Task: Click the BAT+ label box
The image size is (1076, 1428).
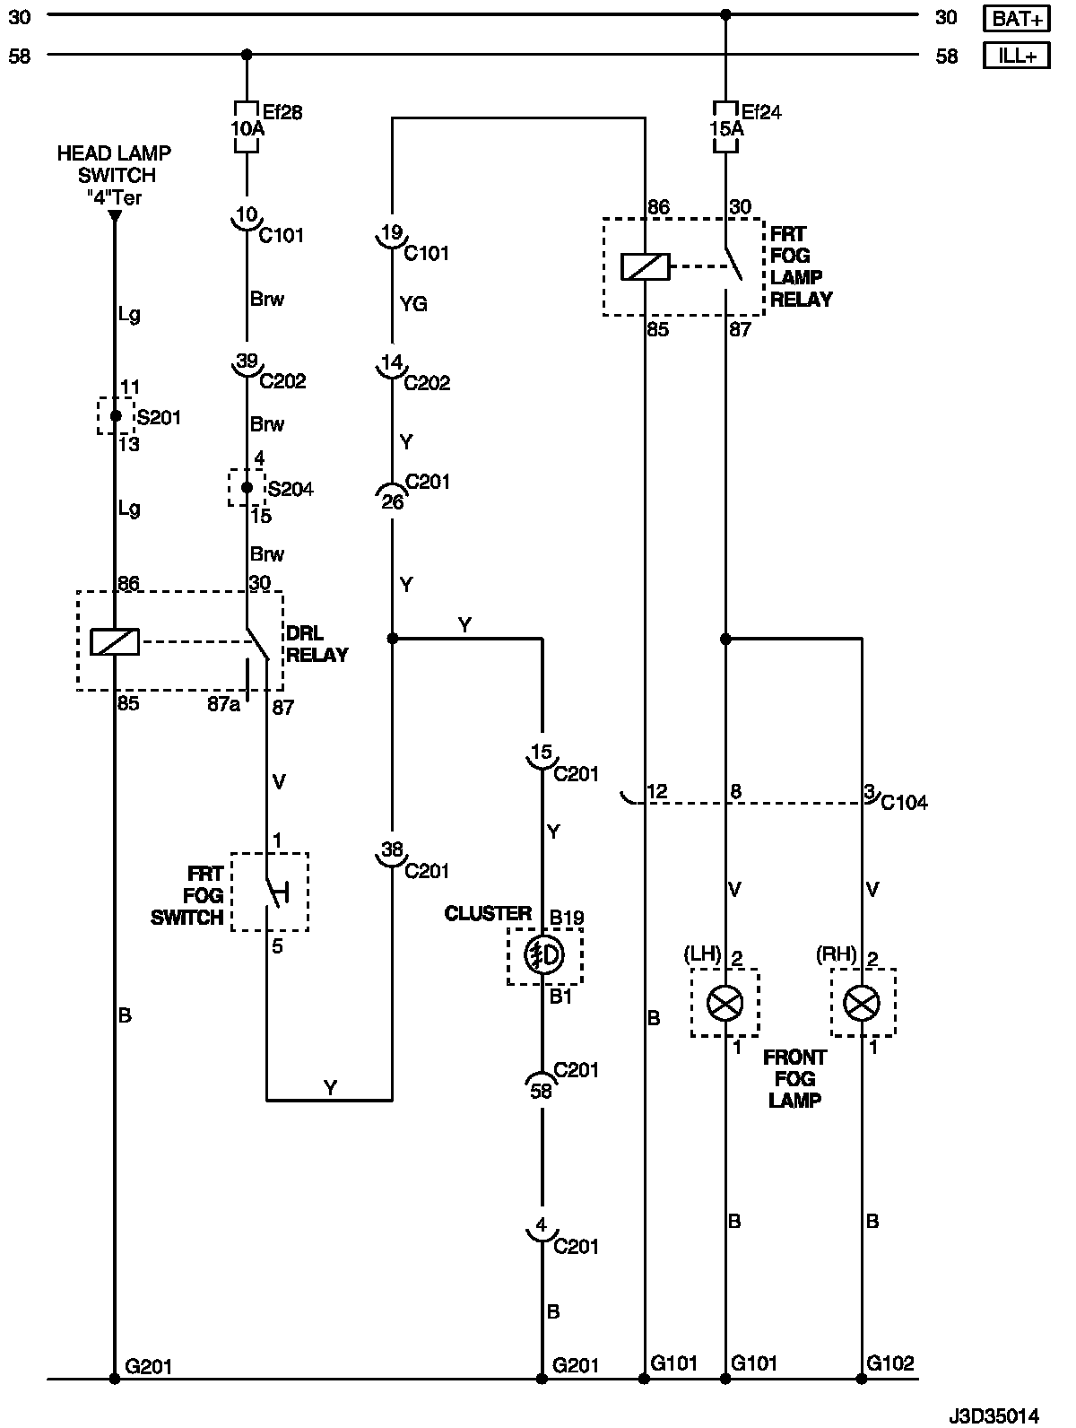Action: pos(1016,17)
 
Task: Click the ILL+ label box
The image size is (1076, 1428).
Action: pos(1016,56)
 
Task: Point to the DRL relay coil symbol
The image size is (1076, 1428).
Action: pos(115,641)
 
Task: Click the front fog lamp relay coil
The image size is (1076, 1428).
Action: pos(646,266)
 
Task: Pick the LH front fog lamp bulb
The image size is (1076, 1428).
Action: pos(725,1003)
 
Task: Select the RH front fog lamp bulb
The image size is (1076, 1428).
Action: pos(863,1003)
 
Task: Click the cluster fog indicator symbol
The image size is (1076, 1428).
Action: pos(543,955)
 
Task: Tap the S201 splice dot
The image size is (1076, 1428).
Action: pos(115,416)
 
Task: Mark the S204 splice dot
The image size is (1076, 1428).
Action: pos(247,488)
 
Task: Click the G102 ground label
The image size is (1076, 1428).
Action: pos(890,1363)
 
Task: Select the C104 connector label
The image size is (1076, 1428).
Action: pos(904,803)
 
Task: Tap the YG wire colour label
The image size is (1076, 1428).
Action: pos(413,304)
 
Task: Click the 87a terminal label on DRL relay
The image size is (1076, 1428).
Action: pos(223,706)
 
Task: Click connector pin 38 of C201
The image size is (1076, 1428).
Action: pos(392,849)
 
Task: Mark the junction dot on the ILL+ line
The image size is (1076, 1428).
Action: pos(247,55)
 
